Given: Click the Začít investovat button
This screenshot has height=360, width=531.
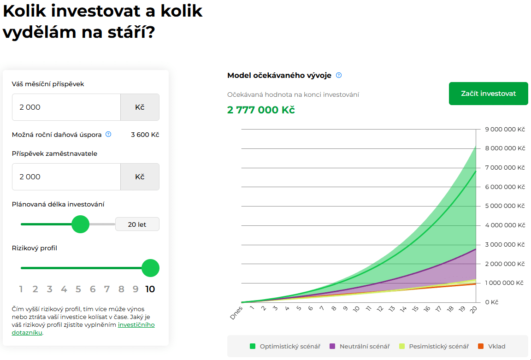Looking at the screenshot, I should point(488,94).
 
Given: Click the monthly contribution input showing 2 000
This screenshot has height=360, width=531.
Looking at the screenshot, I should point(66,107).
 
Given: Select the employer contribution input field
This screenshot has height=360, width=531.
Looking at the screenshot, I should point(66,177).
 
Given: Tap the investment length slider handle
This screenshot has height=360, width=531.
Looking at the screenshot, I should point(81,224).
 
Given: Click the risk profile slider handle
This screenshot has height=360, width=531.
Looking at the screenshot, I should point(150,268).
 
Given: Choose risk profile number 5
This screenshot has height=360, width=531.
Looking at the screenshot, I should point(78,289).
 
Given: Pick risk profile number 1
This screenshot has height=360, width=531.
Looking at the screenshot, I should point(21,289).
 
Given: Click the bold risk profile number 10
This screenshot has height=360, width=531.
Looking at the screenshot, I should point(150,289).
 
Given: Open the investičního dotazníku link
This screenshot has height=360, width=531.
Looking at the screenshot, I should point(136,325).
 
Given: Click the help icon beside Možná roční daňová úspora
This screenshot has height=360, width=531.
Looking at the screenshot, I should point(108,135).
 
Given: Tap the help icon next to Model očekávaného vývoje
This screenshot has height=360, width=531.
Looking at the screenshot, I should point(339,76).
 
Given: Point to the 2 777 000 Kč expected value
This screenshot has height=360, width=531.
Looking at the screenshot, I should point(261,110).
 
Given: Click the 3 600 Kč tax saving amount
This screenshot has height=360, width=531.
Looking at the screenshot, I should point(145,135).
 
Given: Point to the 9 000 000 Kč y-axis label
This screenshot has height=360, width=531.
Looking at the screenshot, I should point(505,130).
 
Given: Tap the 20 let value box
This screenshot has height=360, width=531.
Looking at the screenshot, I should point(137,224).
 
